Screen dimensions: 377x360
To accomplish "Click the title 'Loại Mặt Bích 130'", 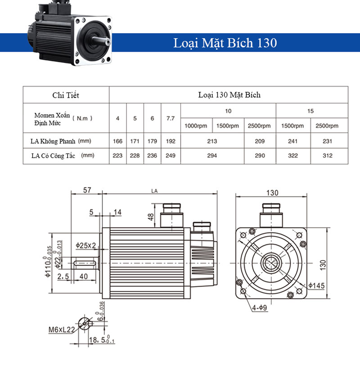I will (x=225, y=43).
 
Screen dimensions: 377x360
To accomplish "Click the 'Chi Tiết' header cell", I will (x=66, y=95).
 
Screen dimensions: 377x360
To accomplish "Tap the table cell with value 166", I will (x=117, y=141).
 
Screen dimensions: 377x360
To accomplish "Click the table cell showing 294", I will (x=212, y=156).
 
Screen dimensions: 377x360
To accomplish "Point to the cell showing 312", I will (x=327, y=156).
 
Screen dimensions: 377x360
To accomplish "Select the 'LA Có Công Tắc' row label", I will (x=50, y=156).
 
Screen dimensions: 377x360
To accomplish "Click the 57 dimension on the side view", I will (x=87, y=190).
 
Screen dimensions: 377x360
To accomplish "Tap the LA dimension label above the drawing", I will (x=154, y=191).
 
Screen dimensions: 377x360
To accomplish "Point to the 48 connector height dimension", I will (x=151, y=217).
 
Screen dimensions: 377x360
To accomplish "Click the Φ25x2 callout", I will (x=85, y=246).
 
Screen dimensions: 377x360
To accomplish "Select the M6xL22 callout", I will (x=62, y=329).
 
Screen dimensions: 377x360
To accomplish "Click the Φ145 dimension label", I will (x=317, y=285).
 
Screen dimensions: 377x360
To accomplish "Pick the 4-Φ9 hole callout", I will (x=260, y=308).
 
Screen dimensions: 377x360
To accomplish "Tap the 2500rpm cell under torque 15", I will (x=327, y=126).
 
